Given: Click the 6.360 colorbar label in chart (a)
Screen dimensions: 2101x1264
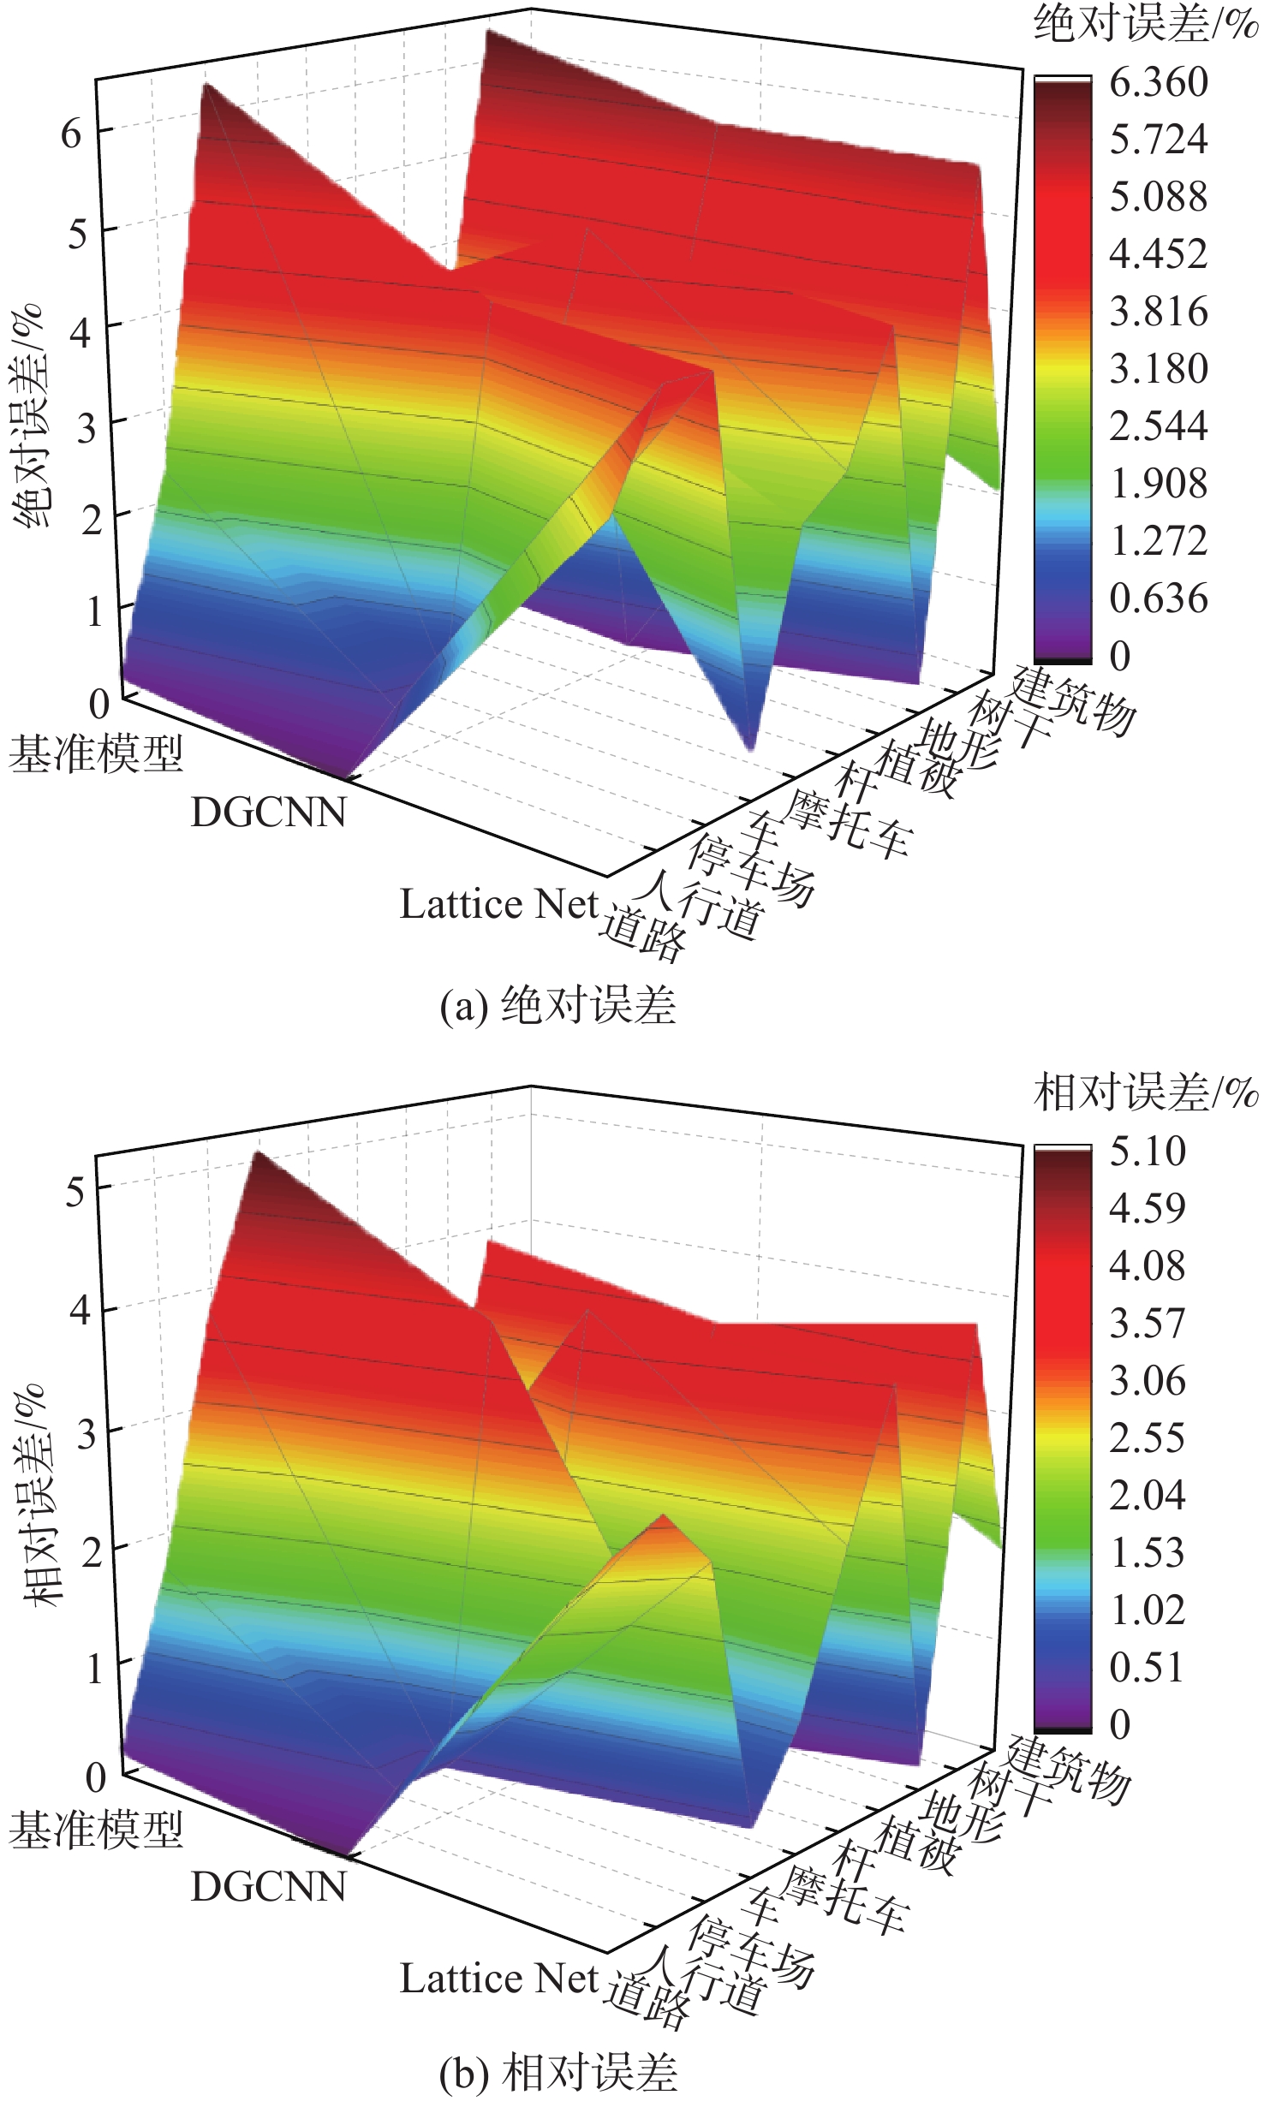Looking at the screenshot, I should [1158, 83].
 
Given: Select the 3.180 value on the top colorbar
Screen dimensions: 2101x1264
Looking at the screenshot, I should [1158, 369].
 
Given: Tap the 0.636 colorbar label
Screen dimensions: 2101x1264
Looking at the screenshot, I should [1158, 598].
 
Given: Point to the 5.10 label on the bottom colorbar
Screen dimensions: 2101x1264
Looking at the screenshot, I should [1147, 1152].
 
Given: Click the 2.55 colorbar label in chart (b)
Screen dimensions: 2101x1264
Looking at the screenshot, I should [1147, 1437].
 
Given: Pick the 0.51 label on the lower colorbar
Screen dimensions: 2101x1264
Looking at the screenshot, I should [1147, 1667].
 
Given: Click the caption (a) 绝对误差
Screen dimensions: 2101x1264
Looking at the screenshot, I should [557, 1004].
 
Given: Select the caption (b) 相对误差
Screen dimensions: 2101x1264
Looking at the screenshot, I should [557, 2072].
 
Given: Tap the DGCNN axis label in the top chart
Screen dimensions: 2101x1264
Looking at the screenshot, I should [268, 812].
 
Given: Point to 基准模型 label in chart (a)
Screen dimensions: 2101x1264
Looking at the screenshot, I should [96, 754].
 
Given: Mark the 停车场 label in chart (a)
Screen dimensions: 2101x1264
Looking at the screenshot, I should [751, 869].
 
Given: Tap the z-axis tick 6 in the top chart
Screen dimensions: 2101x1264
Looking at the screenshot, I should [71, 134].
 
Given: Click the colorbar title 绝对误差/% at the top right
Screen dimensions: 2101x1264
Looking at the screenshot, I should [1145, 23].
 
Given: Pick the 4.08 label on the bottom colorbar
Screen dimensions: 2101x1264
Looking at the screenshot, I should [1147, 1266].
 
